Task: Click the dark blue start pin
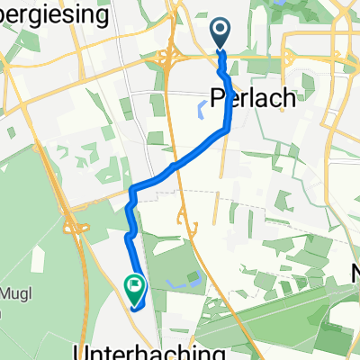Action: [x=221, y=34]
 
